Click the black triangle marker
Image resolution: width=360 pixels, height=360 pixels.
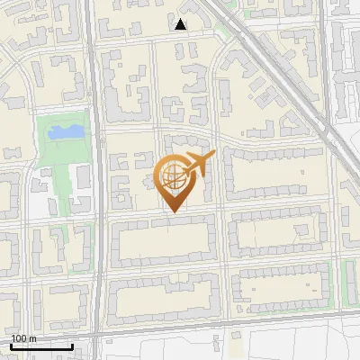pyautogui.click(x=181, y=24)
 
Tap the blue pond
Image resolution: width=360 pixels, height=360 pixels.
pyautogui.click(x=66, y=132)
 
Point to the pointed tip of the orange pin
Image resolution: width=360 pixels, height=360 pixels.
pyautogui.click(x=171, y=212)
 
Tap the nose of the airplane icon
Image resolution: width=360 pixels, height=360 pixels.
pyautogui.click(x=213, y=157)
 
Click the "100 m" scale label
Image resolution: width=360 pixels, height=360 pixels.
pyautogui.click(x=23, y=338)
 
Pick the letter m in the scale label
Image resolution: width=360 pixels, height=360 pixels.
pyautogui.click(x=32, y=338)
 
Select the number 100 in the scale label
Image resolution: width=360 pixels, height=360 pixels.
pyautogui.click(x=19, y=338)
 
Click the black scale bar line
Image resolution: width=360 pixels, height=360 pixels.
pyautogui.click(x=41, y=346)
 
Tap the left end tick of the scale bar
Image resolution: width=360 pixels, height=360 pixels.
pyautogui.click(x=11, y=345)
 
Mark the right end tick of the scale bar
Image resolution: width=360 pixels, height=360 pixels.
pyautogui.click(x=72, y=345)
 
